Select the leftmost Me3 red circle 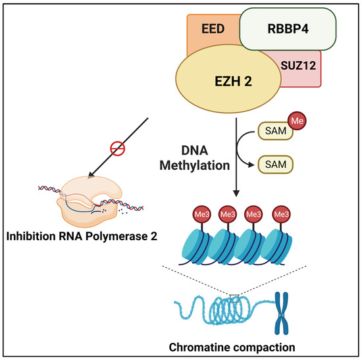click(201, 215)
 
